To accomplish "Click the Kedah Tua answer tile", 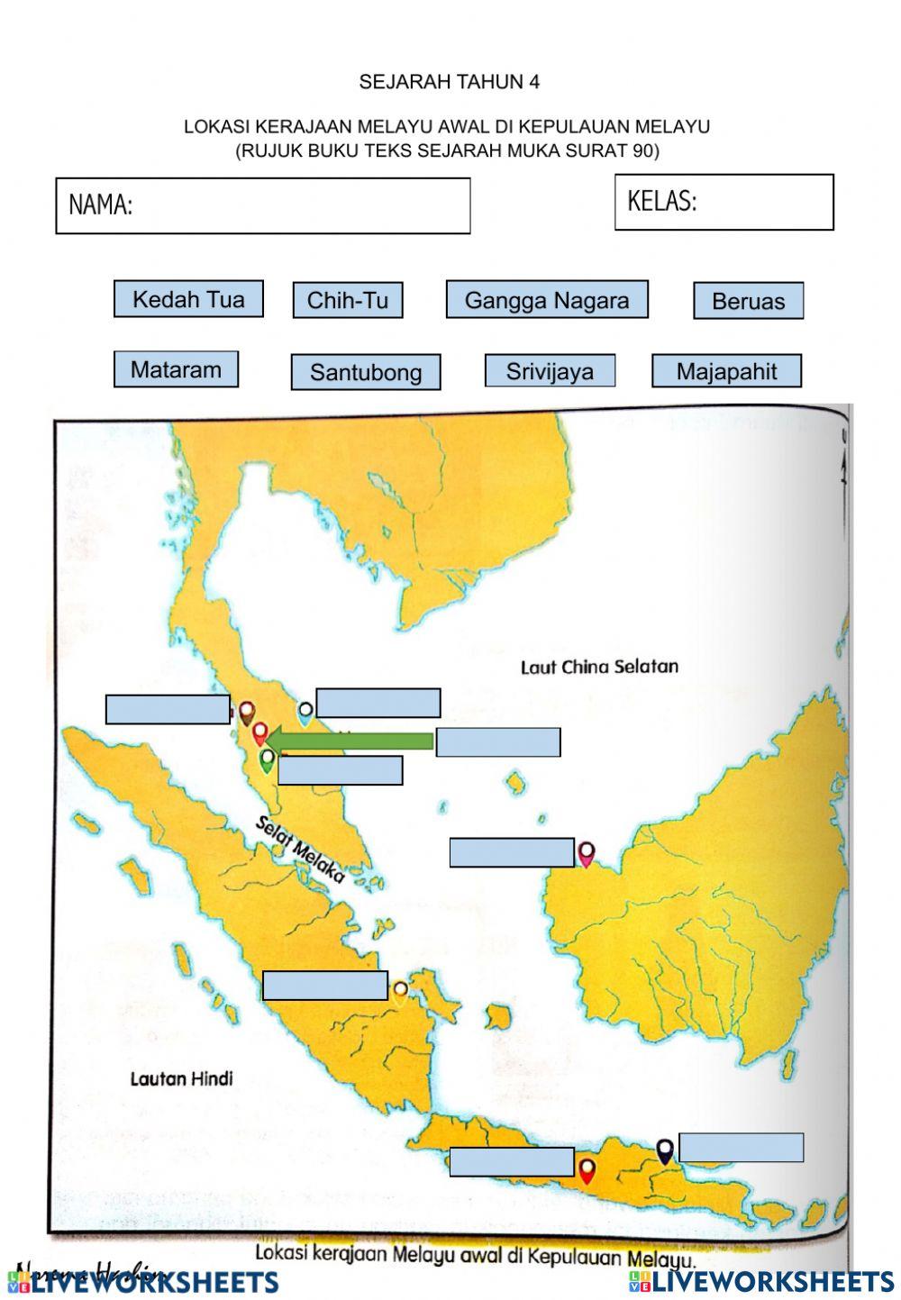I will point(188,299).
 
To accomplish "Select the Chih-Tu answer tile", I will point(347,300).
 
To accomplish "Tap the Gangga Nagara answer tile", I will point(546,300).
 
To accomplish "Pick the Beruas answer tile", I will point(748,301).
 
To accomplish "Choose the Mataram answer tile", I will point(176,369).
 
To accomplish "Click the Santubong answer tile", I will point(365,372).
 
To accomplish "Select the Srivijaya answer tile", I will point(550,370).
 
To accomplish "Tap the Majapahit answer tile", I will point(726,371).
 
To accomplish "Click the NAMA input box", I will point(263,206).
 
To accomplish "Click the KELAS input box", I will point(724,202).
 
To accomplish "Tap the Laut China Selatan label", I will point(599,668).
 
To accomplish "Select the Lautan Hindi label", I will point(181,1078).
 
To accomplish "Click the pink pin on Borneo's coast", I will point(587,853).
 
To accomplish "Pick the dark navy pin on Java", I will point(665,1150).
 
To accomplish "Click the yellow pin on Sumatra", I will point(400,992).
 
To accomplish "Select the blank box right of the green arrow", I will point(498,742).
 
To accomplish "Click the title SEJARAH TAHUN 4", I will point(449,82).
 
